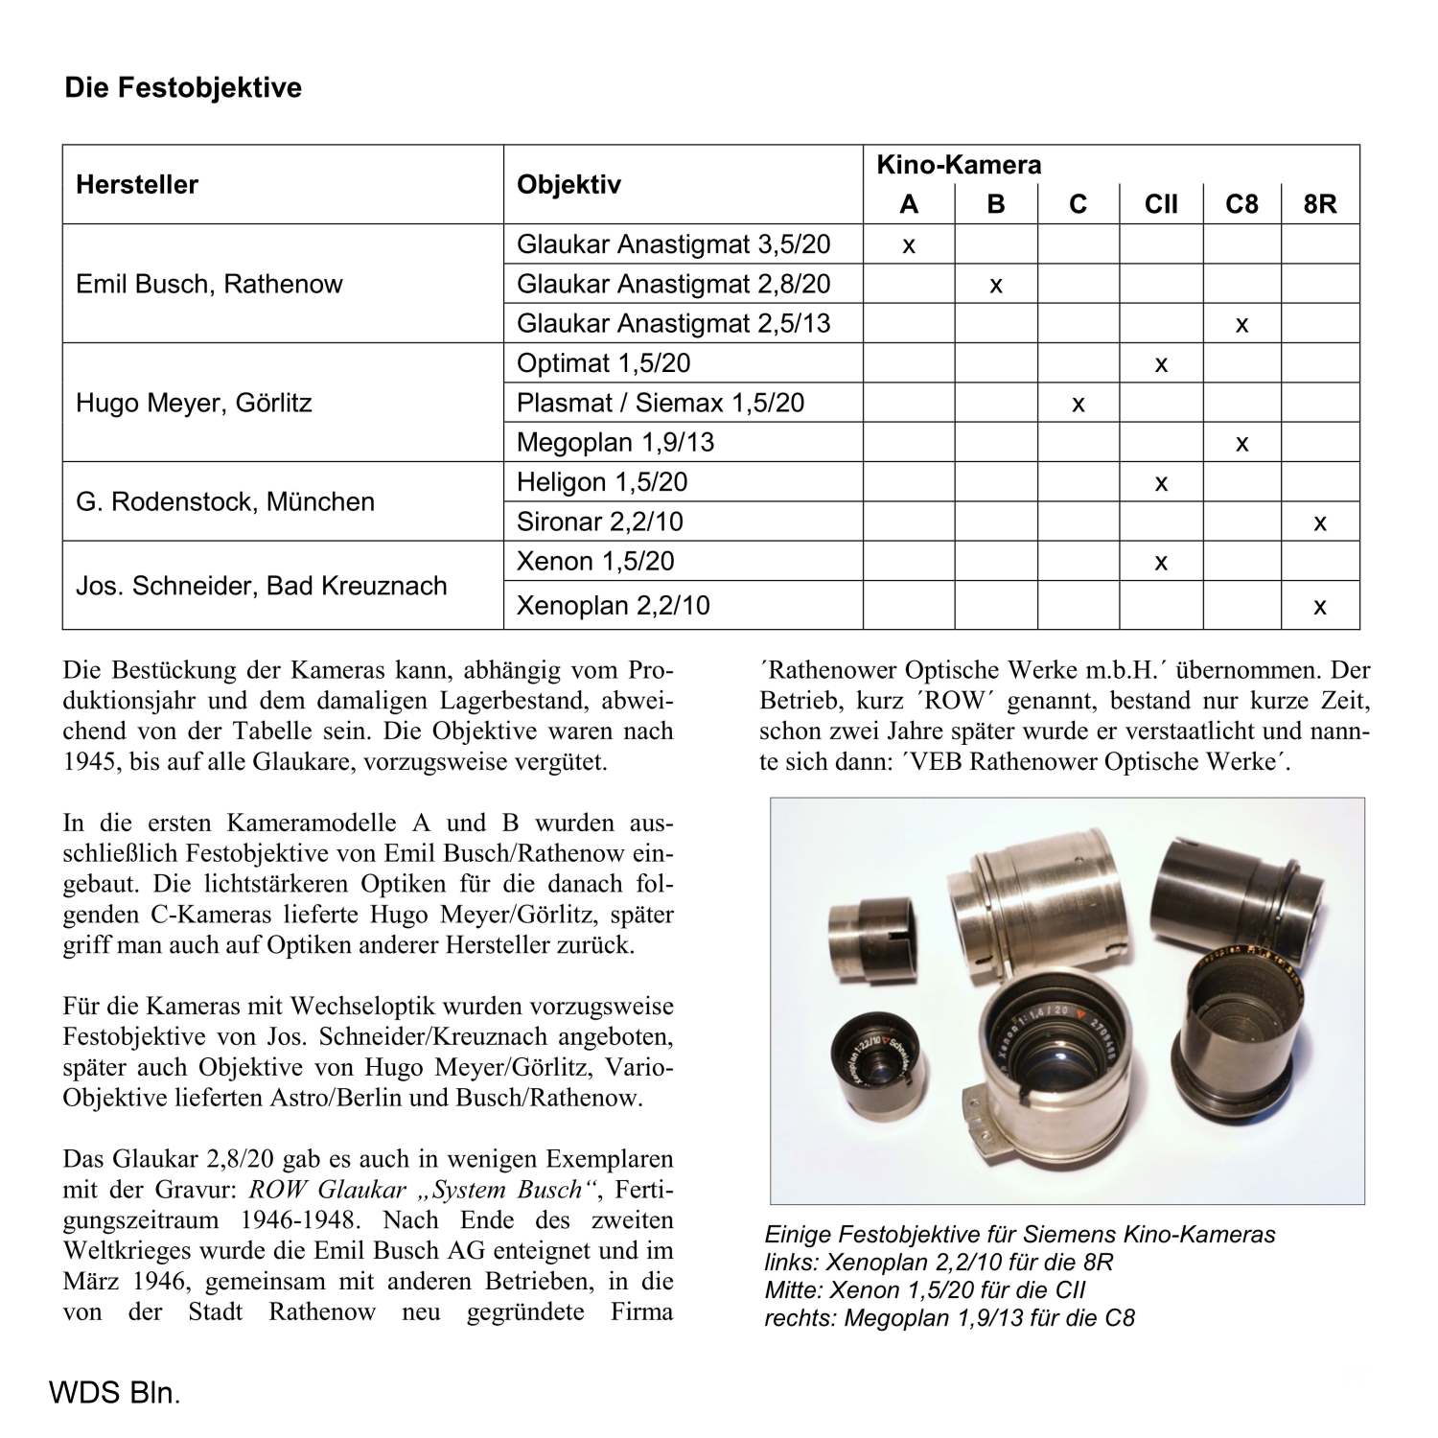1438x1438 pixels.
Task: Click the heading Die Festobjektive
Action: click(182, 88)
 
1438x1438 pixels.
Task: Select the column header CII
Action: click(1161, 204)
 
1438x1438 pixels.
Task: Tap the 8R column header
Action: click(1320, 204)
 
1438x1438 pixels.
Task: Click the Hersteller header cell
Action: click(137, 185)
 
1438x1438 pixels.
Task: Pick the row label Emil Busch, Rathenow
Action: click(209, 284)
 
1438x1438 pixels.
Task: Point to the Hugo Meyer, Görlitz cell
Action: click(194, 403)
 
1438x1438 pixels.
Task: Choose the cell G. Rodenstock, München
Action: click(225, 501)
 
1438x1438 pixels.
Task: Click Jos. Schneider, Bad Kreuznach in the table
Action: click(261, 586)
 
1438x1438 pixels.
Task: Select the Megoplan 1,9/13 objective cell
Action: click(615, 442)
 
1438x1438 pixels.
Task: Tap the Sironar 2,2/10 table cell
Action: click(600, 522)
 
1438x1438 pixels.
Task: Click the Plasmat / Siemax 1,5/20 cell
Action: click(661, 403)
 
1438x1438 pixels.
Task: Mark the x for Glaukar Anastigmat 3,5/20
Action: click(909, 245)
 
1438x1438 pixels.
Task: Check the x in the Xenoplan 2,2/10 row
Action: click(1320, 607)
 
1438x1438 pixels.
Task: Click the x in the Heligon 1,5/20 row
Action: click(1161, 483)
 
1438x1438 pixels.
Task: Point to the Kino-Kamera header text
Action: click(959, 165)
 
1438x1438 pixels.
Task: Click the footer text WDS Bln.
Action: click(114, 1392)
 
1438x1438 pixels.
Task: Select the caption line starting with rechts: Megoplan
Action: click(949, 1318)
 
